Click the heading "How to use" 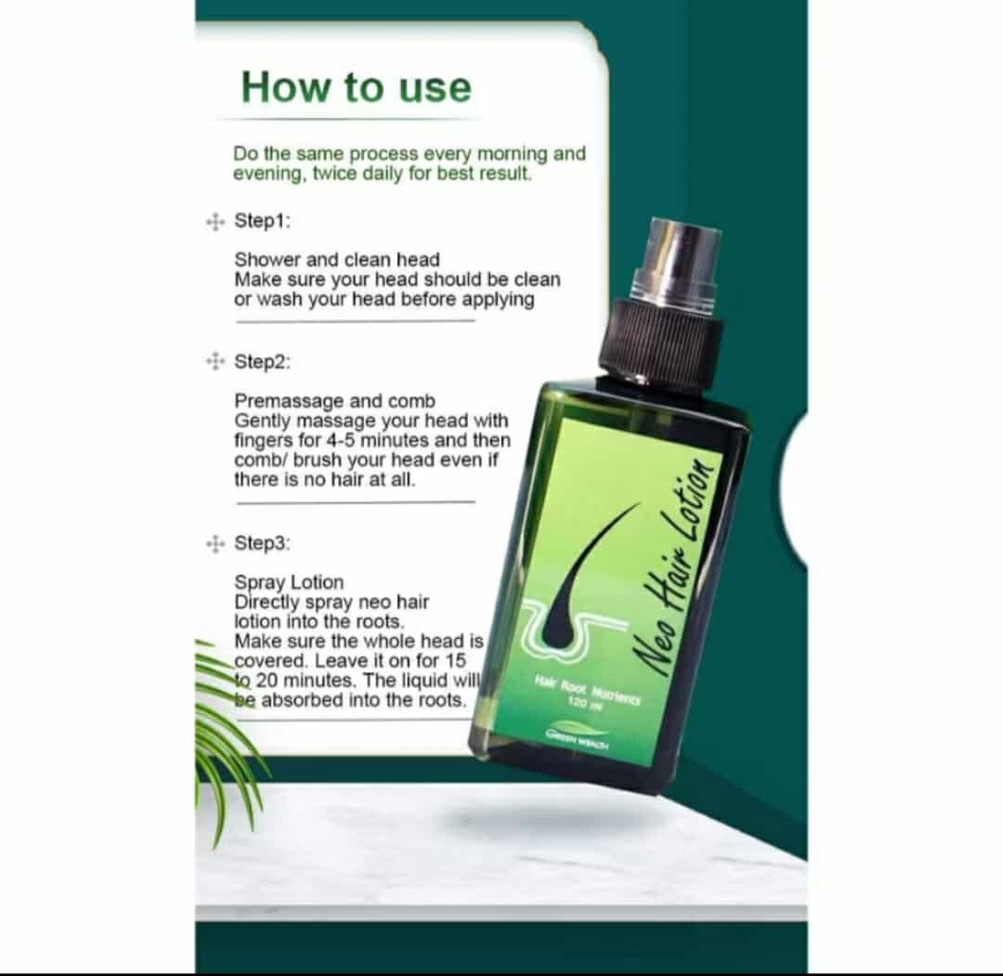[357, 87]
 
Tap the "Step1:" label [262, 221]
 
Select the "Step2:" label [262, 362]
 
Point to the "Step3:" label [262, 543]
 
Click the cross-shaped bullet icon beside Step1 [215, 222]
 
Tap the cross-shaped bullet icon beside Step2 [215, 361]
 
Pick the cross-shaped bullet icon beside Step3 [215, 543]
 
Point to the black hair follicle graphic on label [582, 577]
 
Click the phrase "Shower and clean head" [337, 260]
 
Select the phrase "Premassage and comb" [334, 402]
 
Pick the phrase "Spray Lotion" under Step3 [289, 582]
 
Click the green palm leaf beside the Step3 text [224, 729]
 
